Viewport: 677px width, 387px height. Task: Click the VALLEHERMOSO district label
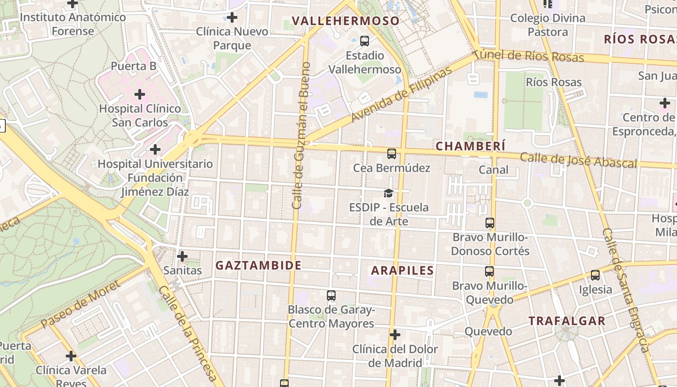346,21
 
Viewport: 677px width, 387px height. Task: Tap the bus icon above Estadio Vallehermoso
365,41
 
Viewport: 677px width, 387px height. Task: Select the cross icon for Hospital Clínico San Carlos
140,94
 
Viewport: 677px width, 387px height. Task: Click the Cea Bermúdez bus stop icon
392,154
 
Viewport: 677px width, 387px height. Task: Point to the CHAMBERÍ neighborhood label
470,146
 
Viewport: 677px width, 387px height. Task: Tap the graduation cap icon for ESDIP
388,193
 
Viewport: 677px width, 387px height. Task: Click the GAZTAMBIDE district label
258,265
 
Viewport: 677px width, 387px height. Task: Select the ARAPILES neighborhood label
402,270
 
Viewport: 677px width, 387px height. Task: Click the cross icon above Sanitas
182,256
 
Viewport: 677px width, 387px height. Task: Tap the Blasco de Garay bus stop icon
331,295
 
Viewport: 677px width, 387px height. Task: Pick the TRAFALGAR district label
567,321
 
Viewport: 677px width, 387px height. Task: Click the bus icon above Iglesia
595,275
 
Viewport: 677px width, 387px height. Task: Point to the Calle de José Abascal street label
578,160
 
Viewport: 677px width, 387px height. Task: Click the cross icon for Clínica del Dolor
395,335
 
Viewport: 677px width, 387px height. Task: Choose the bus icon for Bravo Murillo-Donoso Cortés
490,223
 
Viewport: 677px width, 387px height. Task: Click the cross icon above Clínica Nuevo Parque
232,17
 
